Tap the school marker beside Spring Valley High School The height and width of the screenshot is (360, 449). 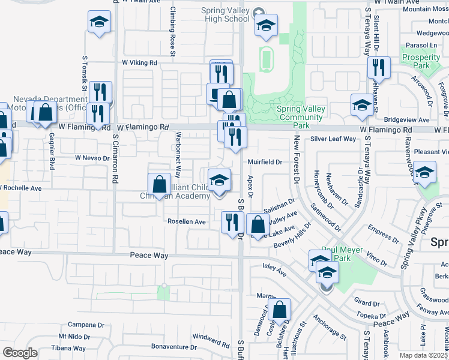coord(266,26)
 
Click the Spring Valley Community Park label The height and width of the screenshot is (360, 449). coord(301,117)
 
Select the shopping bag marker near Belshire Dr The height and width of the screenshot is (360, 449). coord(280,310)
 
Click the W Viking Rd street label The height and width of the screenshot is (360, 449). coord(139,62)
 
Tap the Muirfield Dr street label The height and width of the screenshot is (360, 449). coord(265,162)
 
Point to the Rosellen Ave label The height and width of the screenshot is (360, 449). coord(187,222)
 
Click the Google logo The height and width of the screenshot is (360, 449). coord(20,353)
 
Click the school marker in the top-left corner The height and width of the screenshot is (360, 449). coord(99,23)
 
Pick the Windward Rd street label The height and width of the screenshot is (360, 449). coord(211,337)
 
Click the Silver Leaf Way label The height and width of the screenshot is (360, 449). coord(333,139)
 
